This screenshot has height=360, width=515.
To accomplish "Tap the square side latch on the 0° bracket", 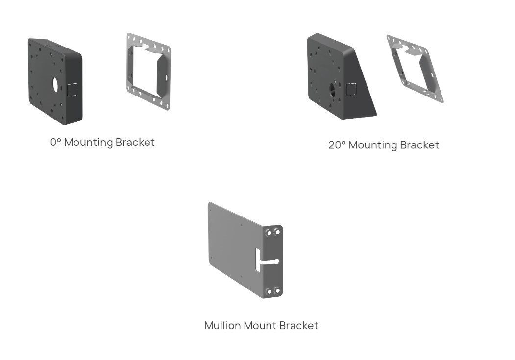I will (x=72, y=90).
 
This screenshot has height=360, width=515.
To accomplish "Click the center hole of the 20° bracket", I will (x=332, y=89).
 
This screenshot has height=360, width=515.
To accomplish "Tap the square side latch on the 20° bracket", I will (x=351, y=89).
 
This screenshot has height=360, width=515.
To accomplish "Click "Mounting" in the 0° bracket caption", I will (x=89, y=143).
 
